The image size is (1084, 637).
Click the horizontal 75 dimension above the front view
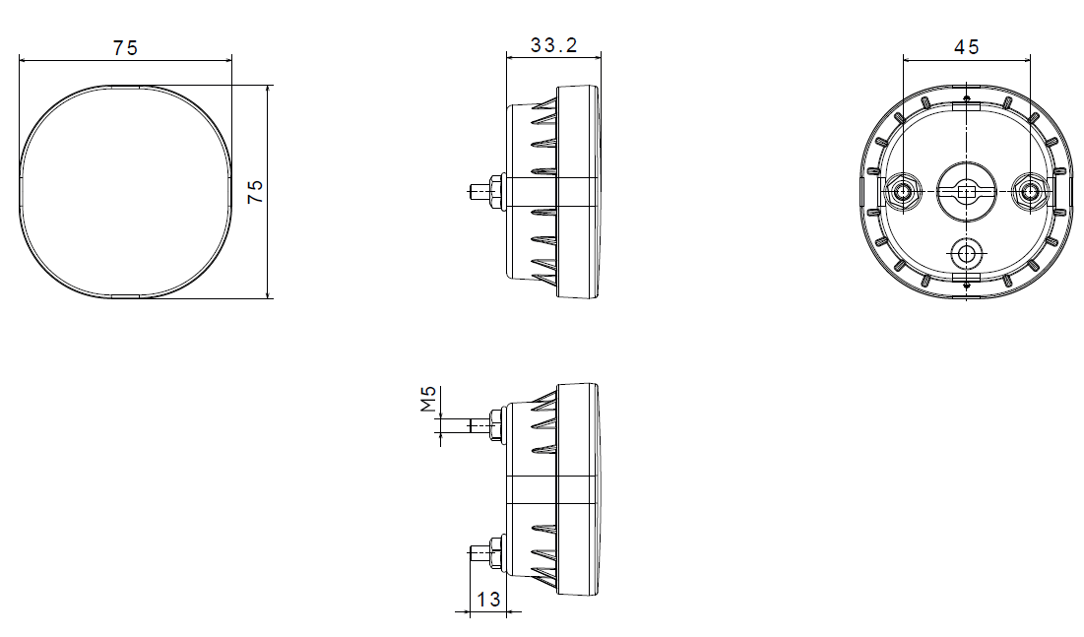click(x=125, y=47)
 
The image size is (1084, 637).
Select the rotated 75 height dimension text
click(x=255, y=191)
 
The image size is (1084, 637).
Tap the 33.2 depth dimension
click(x=552, y=44)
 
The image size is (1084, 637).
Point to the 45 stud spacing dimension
click(x=967, y=47)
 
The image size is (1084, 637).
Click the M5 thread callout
click(x=428, y=399)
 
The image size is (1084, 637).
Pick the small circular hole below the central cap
click(x=967, y=254)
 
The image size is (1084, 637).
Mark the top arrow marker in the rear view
click(x=967, y=98)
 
